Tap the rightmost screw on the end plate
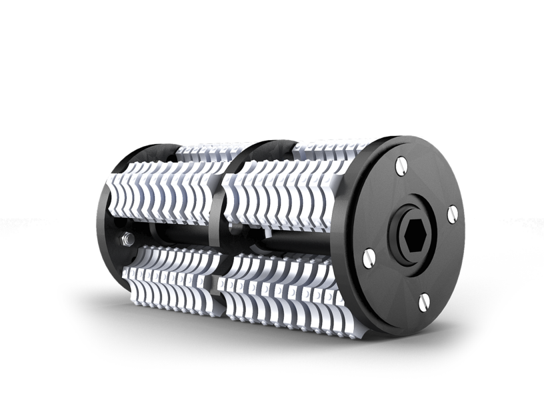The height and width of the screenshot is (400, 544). point(452,213)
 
